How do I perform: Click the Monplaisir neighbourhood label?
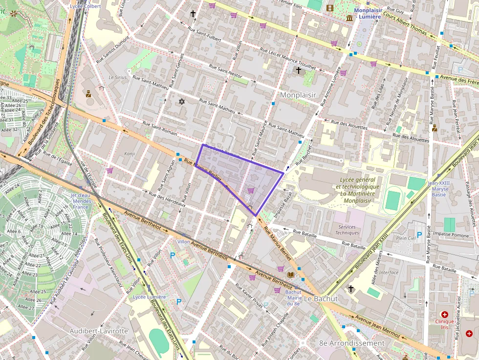(298, 95)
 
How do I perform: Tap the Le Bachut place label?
(321, 298)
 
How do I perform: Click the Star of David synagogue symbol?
(182, 102)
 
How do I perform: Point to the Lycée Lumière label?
(150, 296)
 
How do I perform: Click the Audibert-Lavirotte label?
(99, 331)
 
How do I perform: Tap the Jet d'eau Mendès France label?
(81, 201)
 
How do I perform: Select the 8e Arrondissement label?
(351, 343)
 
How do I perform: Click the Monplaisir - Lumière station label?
(367, 13)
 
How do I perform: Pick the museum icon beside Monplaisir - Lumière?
(349, 18)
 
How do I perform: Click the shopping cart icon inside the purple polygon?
(251, 190)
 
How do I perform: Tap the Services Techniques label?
(347, 230)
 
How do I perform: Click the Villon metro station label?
(183, 242)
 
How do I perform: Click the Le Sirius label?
(117, 77)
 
